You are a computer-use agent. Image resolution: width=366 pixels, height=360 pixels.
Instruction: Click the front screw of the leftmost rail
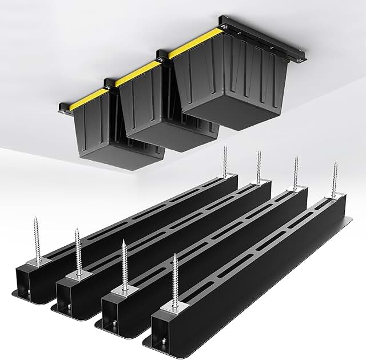click(38, 240)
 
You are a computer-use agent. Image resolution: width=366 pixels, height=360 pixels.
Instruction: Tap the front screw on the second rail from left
click(78, 251)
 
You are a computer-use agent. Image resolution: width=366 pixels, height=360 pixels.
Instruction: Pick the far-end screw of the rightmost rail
click(335, 180)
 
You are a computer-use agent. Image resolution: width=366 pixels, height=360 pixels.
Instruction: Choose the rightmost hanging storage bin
click(232, 80)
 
